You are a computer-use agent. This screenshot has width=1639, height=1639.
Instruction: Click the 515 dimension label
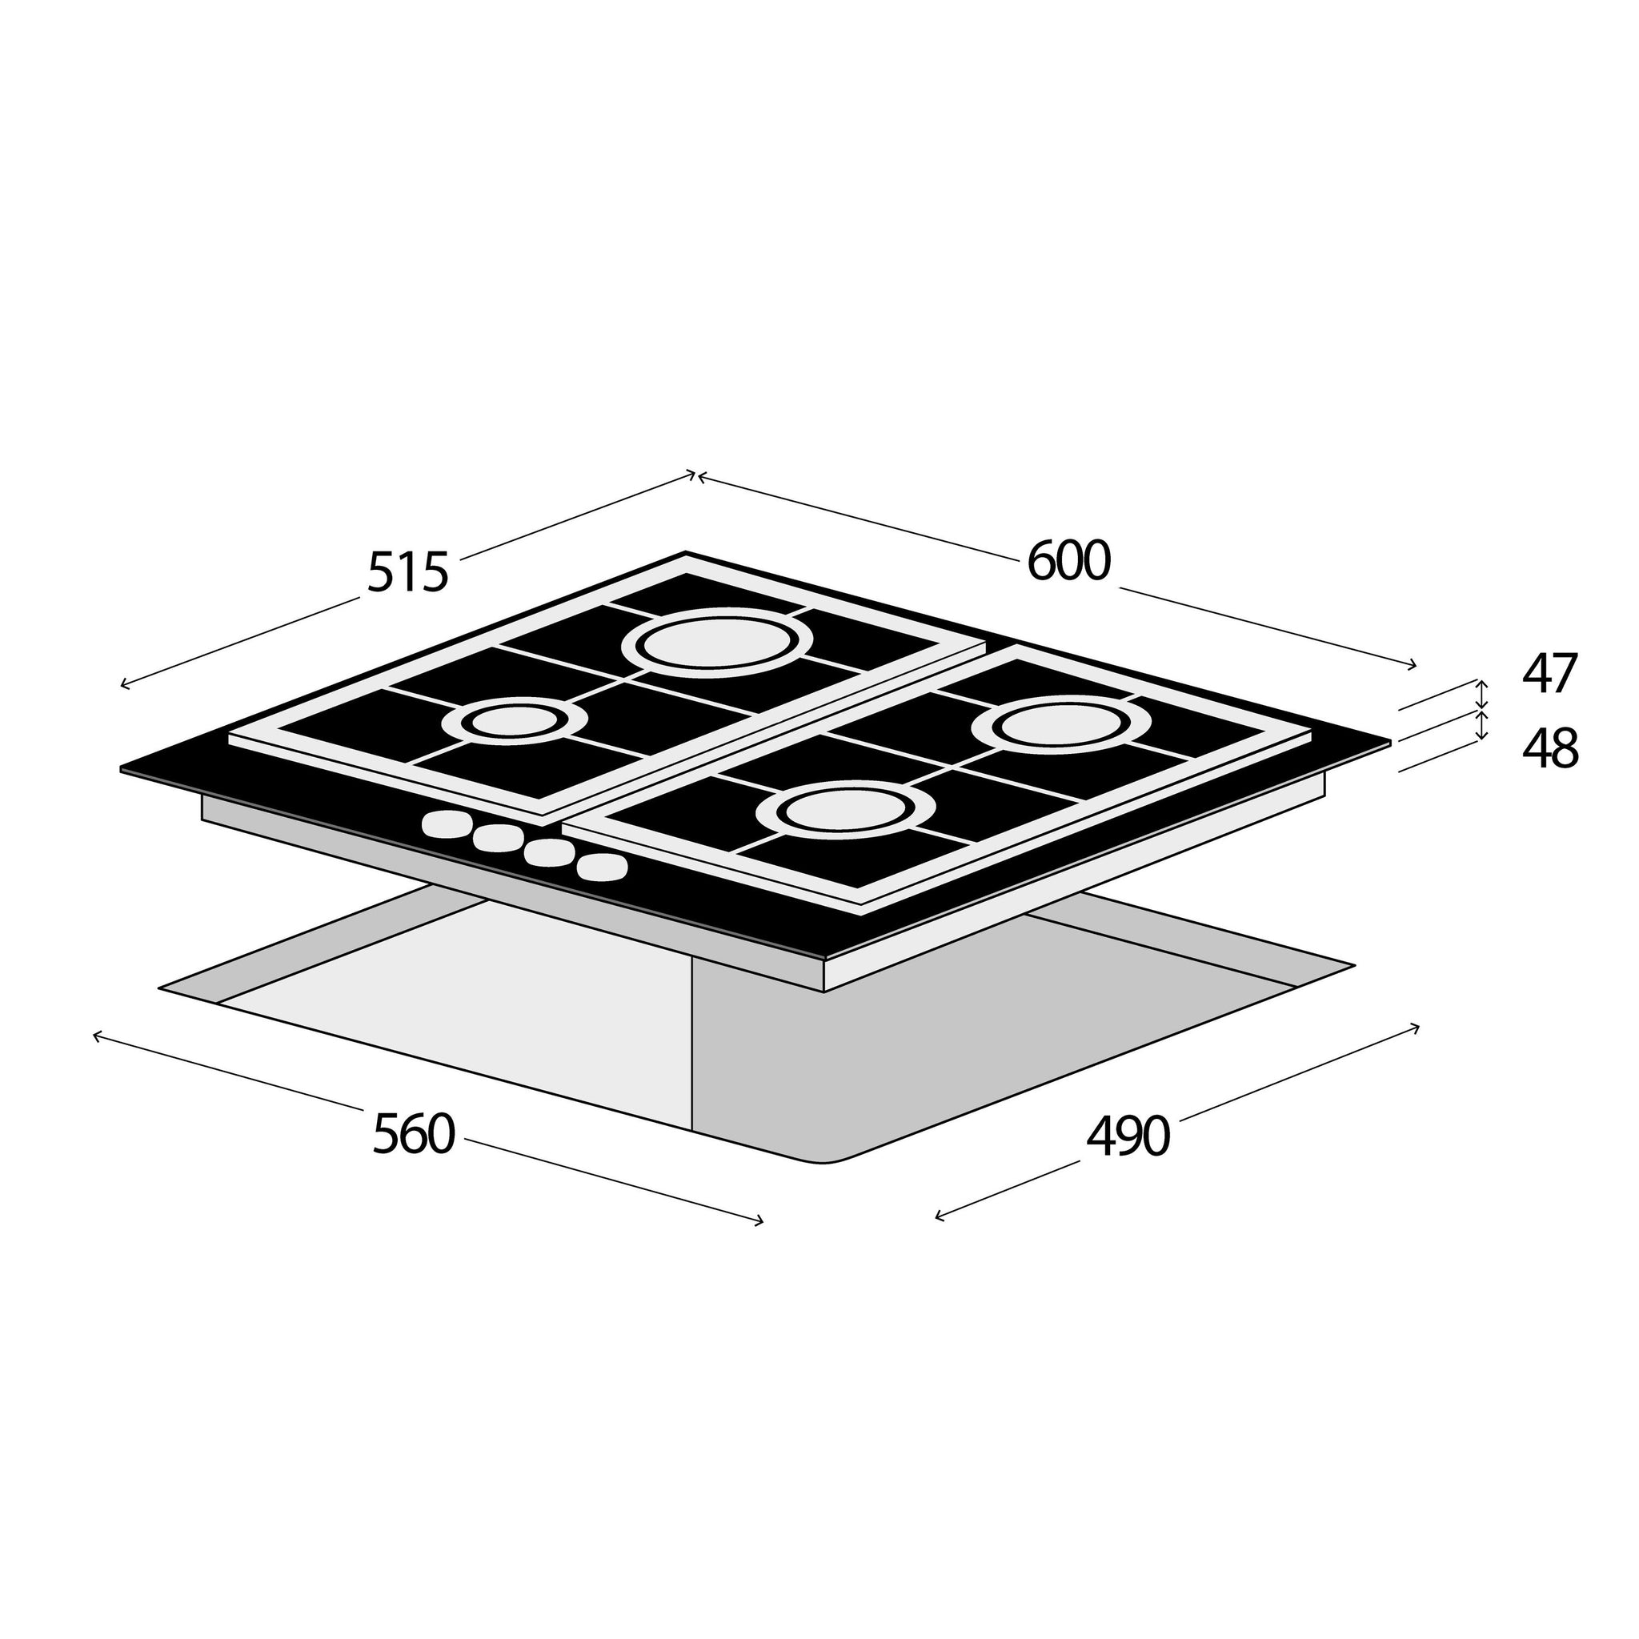click(x=407, y=571)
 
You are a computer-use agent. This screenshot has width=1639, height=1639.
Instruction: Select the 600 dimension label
click(x=1068, y=561)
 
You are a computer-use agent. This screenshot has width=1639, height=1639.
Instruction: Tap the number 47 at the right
click(x=1549, y=675)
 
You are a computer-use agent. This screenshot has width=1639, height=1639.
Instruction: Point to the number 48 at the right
click(x=1550, y=748)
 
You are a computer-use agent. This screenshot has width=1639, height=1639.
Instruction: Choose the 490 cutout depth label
click(x=1128, y=1136)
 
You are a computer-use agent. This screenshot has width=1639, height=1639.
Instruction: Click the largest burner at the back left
click(x=717, y=642)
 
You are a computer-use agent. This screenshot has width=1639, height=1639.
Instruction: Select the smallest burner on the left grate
click(x=514, y=721)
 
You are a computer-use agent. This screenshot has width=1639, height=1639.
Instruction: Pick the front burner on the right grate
click(x=846, y=810)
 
